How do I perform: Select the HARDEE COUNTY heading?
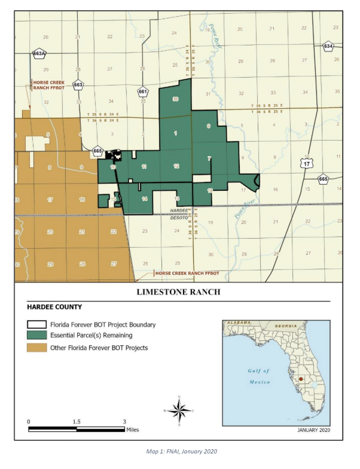(x=54, y=307)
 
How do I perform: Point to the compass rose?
(x=179, y=410)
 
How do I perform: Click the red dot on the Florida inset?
(x=301, y=379)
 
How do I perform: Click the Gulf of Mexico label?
(x=258, y=376)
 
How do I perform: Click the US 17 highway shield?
(x=307, y=162)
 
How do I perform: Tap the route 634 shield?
(x=328, y=45)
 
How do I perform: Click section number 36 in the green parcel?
(x=176, y=99)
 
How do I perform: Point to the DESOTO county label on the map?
(x=179, y=218)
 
